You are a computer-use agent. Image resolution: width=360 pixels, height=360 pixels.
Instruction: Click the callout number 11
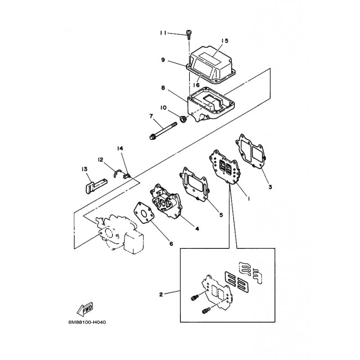pos(163,33)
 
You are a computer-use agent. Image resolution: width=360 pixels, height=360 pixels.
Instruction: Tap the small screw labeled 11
pos(189,35)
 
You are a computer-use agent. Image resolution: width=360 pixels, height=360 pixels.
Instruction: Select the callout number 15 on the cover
pos(225,41)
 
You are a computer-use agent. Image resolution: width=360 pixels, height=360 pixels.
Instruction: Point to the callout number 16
pos(196,85)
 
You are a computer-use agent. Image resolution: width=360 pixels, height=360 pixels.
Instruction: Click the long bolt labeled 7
pos(163,131)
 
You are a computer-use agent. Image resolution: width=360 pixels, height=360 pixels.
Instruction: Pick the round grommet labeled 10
pos(183,119)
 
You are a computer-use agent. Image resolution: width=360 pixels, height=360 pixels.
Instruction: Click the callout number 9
pos(163,60)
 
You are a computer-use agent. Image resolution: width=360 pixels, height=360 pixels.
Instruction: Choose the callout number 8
pos(163,88)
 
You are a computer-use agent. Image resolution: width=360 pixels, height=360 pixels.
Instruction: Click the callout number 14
pos(120,148)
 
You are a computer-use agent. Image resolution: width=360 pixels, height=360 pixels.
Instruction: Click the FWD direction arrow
pos(85,309)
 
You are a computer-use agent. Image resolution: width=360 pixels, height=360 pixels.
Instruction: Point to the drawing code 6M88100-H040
pos(87,322)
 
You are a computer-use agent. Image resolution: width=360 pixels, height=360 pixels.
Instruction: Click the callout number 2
pos(161,294)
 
